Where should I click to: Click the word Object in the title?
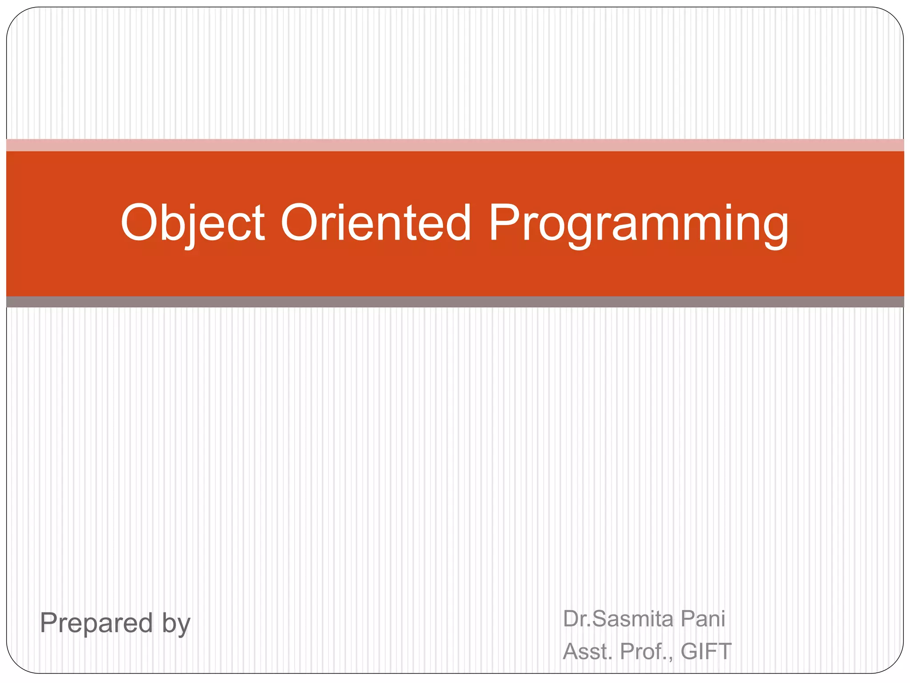point(192,222)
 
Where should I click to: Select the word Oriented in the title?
point(375,222)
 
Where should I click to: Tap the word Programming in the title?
point(638,222)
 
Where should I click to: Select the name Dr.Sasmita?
point(618,619)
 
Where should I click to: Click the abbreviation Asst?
point(587,651)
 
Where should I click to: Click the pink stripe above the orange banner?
point(455,145)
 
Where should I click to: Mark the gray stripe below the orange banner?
point(455,302)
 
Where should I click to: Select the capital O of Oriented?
point(300,222)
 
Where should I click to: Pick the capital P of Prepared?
point(49,623)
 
